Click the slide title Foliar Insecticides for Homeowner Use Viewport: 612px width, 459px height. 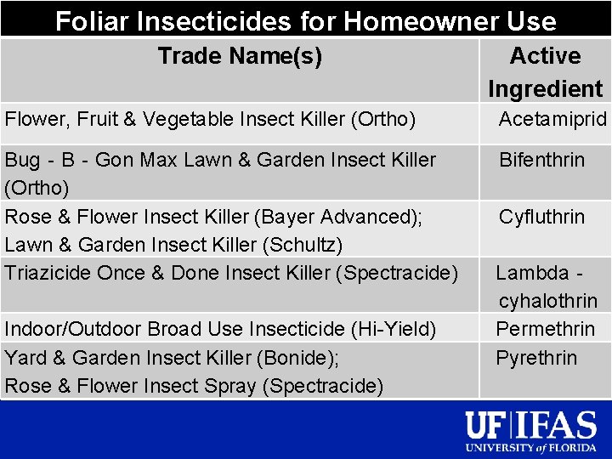(x=306, y=20)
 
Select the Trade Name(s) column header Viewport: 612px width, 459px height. (x=240, y=57)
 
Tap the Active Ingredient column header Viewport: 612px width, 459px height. (x=545, y=72)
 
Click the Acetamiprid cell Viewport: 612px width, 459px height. (x=552, y=119)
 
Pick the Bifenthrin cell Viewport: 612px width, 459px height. (x=541, y=160)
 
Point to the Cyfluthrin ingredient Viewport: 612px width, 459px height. (x=541, y=217)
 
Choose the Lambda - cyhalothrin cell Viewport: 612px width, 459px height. (x=547, y=286)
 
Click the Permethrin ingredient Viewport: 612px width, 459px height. (x=546, y=329)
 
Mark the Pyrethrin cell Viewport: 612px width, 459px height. (x=536, y=358)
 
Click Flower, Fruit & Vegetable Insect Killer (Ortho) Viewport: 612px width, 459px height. (x=210, y=120)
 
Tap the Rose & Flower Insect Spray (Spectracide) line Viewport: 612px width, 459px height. (x=194, y=386)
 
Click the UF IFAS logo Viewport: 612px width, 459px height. (x=532, y=424)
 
